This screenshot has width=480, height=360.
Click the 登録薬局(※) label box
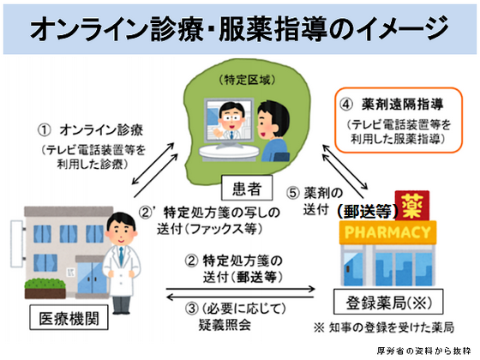(379, 302)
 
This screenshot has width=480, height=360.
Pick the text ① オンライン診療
(94, 131)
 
